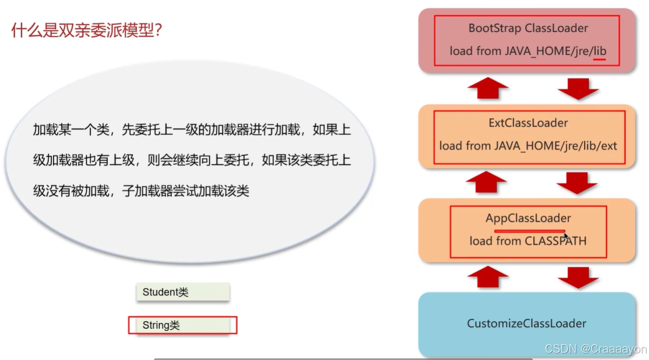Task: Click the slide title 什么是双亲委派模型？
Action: coord(86,30)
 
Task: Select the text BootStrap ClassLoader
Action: coord(528,28)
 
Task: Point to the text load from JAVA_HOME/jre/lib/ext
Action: coord(528,146)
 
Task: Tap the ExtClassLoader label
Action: coord(528,123)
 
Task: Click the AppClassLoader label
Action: coord(528,218)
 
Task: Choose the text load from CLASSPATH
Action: coord(528,241)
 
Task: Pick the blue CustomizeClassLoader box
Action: coord(526,323)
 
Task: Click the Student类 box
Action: coord(182,292)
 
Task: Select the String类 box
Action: coord(182,325)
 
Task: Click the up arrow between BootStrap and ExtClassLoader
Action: coord(488,88)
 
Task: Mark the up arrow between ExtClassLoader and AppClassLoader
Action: coord(488,182)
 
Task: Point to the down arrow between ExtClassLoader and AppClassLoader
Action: coord(578,183)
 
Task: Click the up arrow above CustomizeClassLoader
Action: coord(488,277)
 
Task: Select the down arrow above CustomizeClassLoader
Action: coord(578,278)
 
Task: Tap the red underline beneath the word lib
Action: coord(599,60)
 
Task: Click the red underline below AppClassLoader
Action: coord(530,231)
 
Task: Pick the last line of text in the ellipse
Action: coord(141,191)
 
